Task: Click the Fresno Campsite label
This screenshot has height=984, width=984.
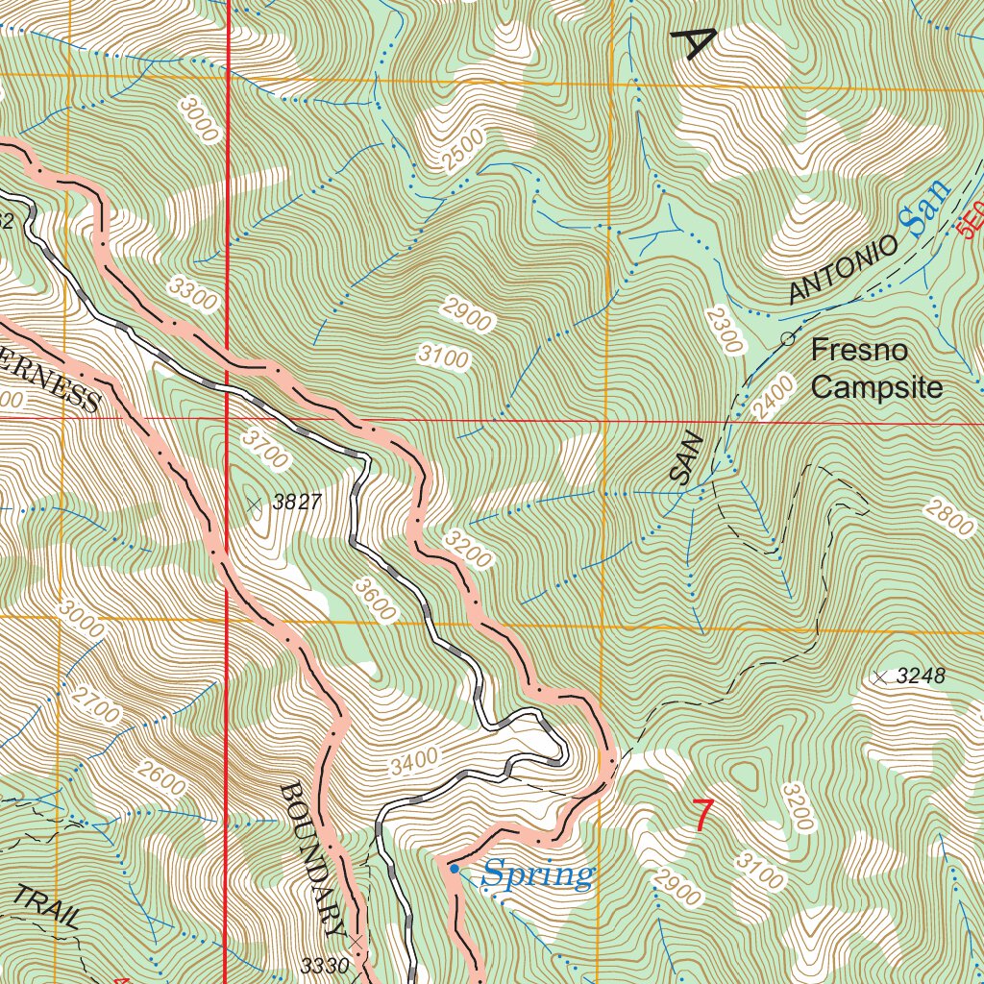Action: click(875, 369)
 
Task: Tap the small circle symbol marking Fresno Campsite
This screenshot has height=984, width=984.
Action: click(787, 338)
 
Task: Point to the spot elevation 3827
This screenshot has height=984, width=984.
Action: click(296, 502)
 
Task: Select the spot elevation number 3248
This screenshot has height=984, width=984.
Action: click(921, 676)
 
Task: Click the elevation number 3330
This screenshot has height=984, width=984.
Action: click(324, 965)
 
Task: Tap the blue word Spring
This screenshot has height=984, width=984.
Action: click(537, 875)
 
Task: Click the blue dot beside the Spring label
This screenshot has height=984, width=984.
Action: click(455, 870)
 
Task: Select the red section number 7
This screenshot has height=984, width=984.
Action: click(704, 816)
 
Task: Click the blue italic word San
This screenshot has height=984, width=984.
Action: click(924, 208)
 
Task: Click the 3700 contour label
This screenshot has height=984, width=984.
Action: click(264, 449)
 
